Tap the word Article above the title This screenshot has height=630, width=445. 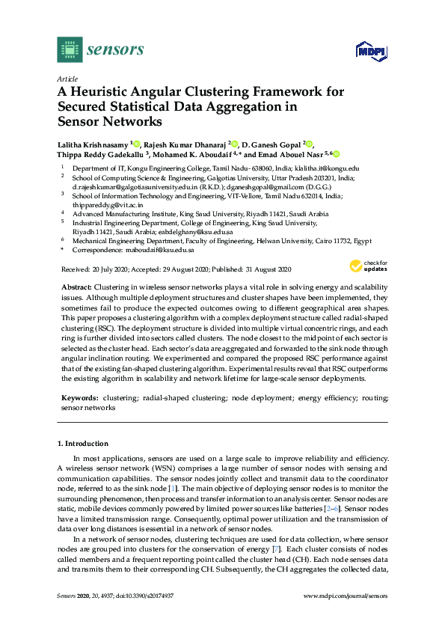(67, 78)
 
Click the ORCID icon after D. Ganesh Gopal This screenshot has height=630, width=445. (310, 144)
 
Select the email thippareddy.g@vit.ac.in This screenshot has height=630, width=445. (101, 204)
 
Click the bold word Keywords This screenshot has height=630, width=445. (78, 399)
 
